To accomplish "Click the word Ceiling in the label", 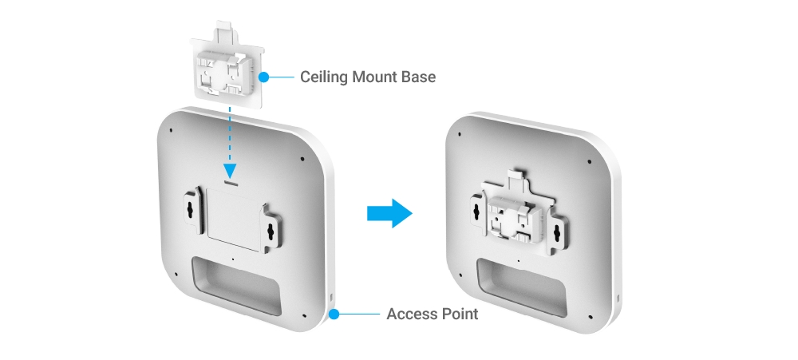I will [324, 77].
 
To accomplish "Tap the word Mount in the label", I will [377, 77].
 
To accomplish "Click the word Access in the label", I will [412, 314].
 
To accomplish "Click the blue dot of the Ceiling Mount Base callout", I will [265, 77].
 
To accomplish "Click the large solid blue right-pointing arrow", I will [389, 214].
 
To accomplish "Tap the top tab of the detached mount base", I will [227, 34].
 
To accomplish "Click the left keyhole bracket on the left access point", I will [190, 209].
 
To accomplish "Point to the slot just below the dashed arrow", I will [231, 183].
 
